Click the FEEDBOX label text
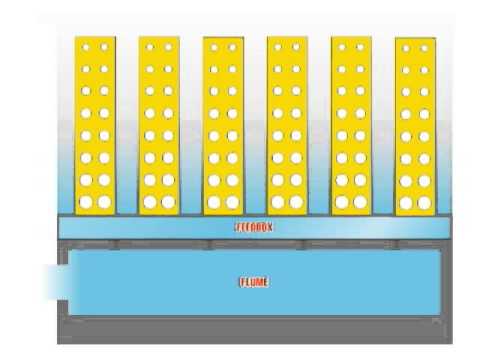[x=254, y=227]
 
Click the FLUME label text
[x=254, y=282]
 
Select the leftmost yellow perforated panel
[x=95, y=125]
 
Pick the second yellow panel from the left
[x=159, y=125]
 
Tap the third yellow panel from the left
[x=223, y=125]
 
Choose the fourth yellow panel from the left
[x=287, y=125]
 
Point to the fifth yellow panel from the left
[x=351, y=125]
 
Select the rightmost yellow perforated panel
[x=415, y=125]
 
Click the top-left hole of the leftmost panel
[x=87, y=47]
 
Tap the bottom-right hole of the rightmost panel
[x=424, y=202]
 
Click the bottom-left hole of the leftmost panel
[x=86, y=202]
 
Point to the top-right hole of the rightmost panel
[x=424, y=48]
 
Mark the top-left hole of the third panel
[x=214, y=47]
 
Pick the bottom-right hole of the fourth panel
[x=297, y=202]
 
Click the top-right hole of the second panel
[x=168, y=47]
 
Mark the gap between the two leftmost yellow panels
[x=127, y=125]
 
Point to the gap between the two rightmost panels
[x=383, y=125]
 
